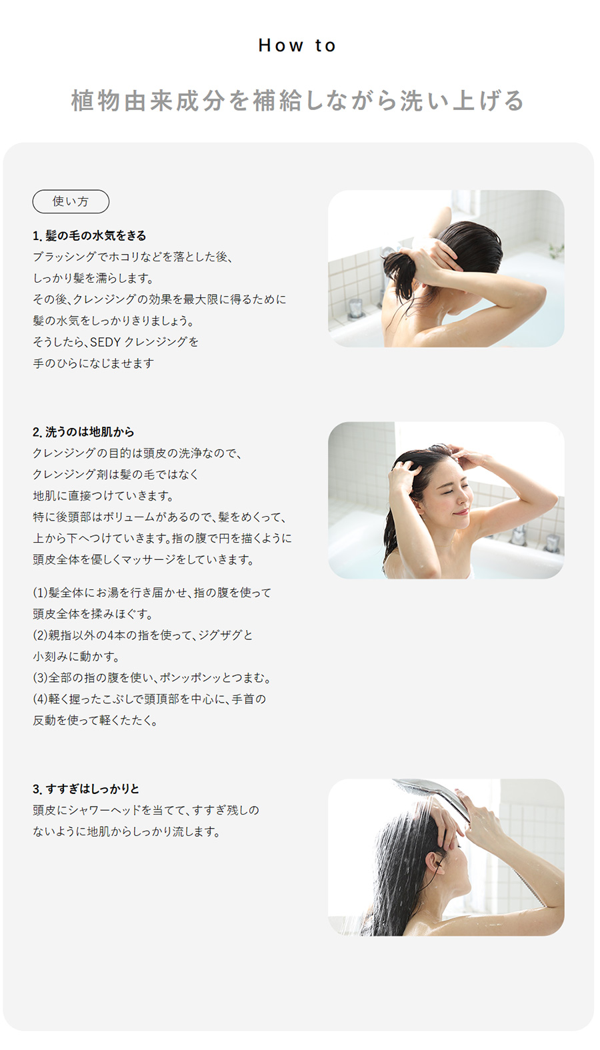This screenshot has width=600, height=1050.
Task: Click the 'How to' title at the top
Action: pyautogui.click(x=297, y=45)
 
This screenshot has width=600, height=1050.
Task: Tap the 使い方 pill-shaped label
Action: pyautogui.click(x=71, y=201)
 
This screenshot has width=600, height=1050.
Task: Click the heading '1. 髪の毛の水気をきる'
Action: pyautogui.click(x=89, y=236)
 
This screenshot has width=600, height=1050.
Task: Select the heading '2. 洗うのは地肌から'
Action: pyautogui.click(x=83, y=432)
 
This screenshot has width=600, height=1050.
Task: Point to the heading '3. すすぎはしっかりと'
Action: pyautogui.click(x=86, y=789)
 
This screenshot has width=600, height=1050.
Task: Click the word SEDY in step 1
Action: pyautogui.click(x=105, y=342)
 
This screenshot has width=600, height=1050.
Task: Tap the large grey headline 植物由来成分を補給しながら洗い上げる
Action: pyautogui.click(x=297, y=100)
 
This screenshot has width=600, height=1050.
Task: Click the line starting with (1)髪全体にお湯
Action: pyautogui.click(x=152, y=593)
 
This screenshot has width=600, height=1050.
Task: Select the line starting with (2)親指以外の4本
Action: pyautogui.click(x=143, y=635)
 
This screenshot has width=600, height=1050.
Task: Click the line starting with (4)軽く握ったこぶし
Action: pyautogui.click(x=149, y=699)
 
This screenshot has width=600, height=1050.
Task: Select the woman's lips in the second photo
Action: pyautogui.click(x=461, y=513)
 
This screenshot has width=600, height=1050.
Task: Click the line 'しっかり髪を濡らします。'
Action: pyautogui.click(x=93, y=279)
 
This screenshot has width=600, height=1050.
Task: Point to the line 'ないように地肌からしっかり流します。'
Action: pyautogui.click(x=127, y=832)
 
